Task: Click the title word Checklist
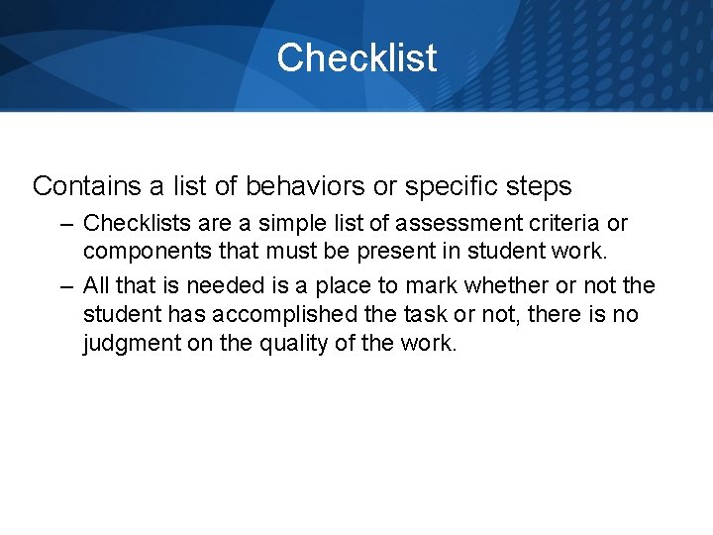[x=356, y=57]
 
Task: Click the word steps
[x=539, y=185]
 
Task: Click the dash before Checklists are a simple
[x=66, y=225]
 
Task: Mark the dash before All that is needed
[x=66, y=286]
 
